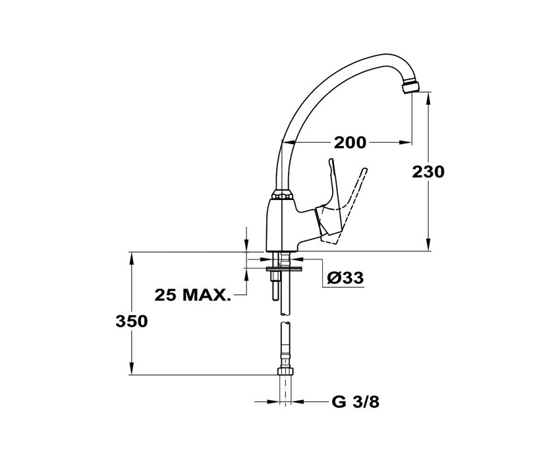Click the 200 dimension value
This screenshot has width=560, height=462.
(x=350, y=143)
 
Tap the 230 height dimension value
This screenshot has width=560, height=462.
(x=428, y=172)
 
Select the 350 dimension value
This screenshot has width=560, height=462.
(x=131, y=322)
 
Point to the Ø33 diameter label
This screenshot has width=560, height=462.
(x=345, y=278)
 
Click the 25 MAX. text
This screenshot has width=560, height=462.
(x=192, y=295)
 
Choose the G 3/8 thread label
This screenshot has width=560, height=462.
(x=355, y=402)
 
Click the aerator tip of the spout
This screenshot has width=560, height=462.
(x=410, y=88)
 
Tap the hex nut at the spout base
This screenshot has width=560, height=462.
(x=283, y=195)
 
